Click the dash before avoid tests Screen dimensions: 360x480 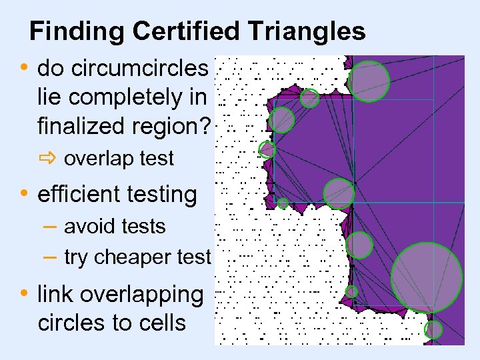pos(48,227)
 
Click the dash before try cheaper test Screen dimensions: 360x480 pos(48,257)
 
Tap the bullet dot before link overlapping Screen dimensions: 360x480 pos(25,294)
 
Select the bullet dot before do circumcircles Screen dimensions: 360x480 pos(25,68)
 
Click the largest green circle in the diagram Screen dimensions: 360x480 pos(426,277)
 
